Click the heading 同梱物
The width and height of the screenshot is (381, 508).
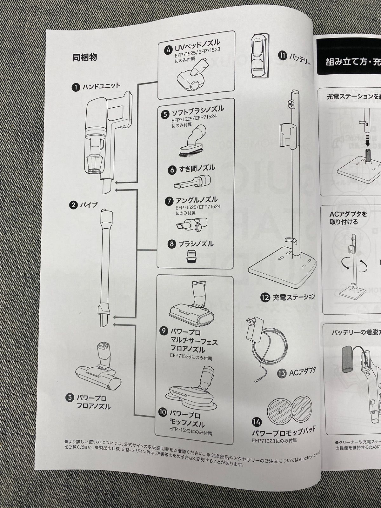click(x=84, y=57)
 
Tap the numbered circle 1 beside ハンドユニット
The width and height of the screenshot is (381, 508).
click(x=76, y=87)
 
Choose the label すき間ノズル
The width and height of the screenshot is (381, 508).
click(x=197, y=169)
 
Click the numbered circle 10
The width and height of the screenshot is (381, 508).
click(x=162, y=412)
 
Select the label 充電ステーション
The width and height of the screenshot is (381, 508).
click(x=293, y=297)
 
